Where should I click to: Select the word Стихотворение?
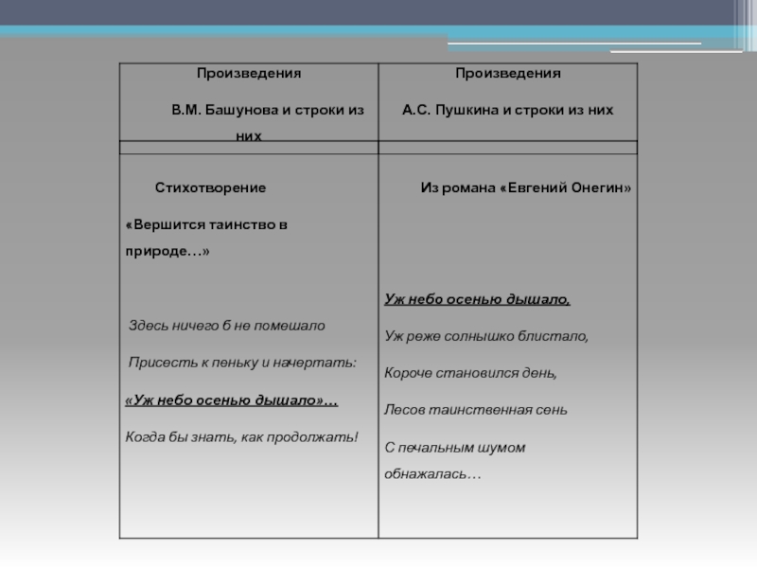pyautogui.click(x=210, y=188)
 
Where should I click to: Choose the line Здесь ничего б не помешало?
pyautogui.click(x=227, y=326)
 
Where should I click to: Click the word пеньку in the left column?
pyautogui.click(x=220, y=363)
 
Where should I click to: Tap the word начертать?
pyautogui.click(x=322, y=363)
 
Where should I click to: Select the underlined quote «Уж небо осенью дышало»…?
pyautogui.click(x=232, y=400)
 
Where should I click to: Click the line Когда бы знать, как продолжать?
pyautogui.click(x=242, y=437)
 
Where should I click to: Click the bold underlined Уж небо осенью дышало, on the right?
pyautogui.click(x=477, y=299)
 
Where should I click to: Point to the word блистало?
pyautogui.click(x=558, y=336)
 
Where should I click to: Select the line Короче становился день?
pyautogui.click(x=470, y=373)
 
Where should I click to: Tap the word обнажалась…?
pyautogui.click(x=431, y=472)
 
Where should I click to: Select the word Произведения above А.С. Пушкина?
pyautogui.click(x=507, y=73)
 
